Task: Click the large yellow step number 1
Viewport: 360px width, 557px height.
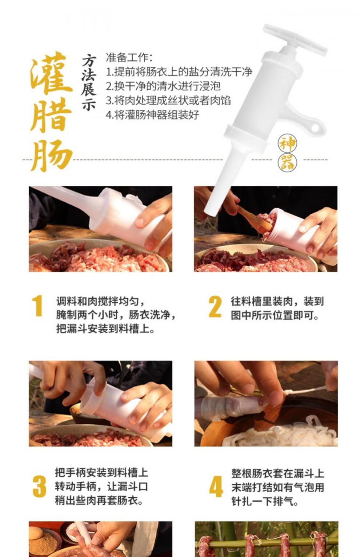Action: coord(38,306)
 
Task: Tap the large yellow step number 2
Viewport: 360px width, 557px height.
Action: coord(215,307)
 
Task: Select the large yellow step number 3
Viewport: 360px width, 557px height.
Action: coord(39,486)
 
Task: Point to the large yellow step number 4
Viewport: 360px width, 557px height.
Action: coord(216,486)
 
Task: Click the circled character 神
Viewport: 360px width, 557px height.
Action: coord(288,144)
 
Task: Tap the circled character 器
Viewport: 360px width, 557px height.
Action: coord(288,162)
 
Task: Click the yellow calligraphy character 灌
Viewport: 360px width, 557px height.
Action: coord(51,73)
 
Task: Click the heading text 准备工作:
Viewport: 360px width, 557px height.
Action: coord(129,57)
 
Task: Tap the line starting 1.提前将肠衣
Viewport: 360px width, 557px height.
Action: coord(179,72)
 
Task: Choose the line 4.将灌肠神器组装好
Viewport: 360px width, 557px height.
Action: coord(152,115)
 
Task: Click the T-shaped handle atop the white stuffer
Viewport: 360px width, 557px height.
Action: coord(295,40)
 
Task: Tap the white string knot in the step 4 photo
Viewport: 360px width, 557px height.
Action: coord(287,392)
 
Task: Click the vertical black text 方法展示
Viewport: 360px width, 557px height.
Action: coord(89,82)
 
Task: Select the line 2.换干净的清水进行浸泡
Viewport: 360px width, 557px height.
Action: coord(163,86)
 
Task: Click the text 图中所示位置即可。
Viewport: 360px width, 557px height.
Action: coord(275,315)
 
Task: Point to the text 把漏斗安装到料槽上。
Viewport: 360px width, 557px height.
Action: coord(105,329)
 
